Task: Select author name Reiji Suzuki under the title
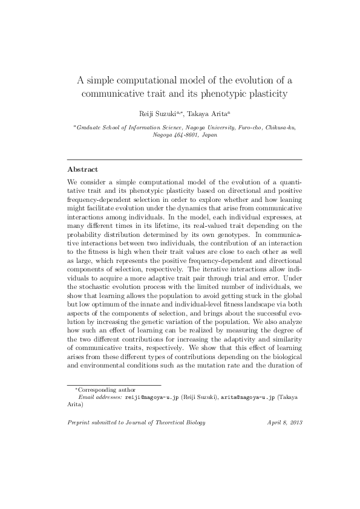[x=154, y=114]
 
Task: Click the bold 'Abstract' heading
[x=82, y=170]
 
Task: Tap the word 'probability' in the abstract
[x=84, y=232]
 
